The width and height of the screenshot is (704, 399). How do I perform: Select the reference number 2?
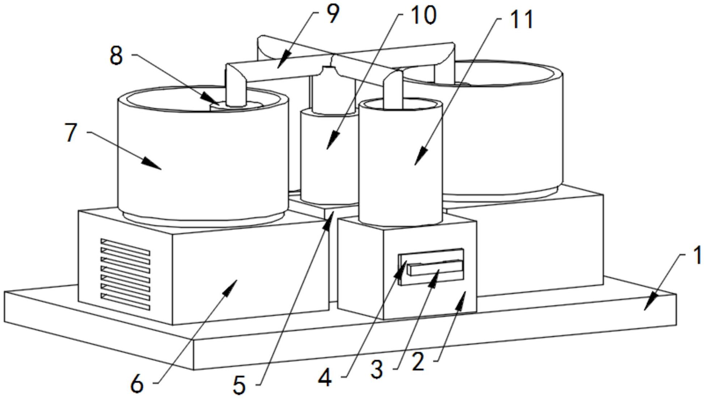(x=418, y=362)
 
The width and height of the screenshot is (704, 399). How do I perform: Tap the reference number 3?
(x=377, y=370)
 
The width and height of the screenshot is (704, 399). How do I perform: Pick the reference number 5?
(x=239, y=385)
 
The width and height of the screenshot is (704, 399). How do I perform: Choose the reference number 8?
(x=116, y=56)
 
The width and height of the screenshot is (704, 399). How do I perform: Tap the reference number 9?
(x=332, y=14)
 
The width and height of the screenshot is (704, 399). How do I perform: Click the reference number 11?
(x=521, y=20)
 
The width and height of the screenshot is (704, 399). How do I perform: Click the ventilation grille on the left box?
(x=125, y=274)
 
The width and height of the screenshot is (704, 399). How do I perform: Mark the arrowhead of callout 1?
(x=646, y=308)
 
